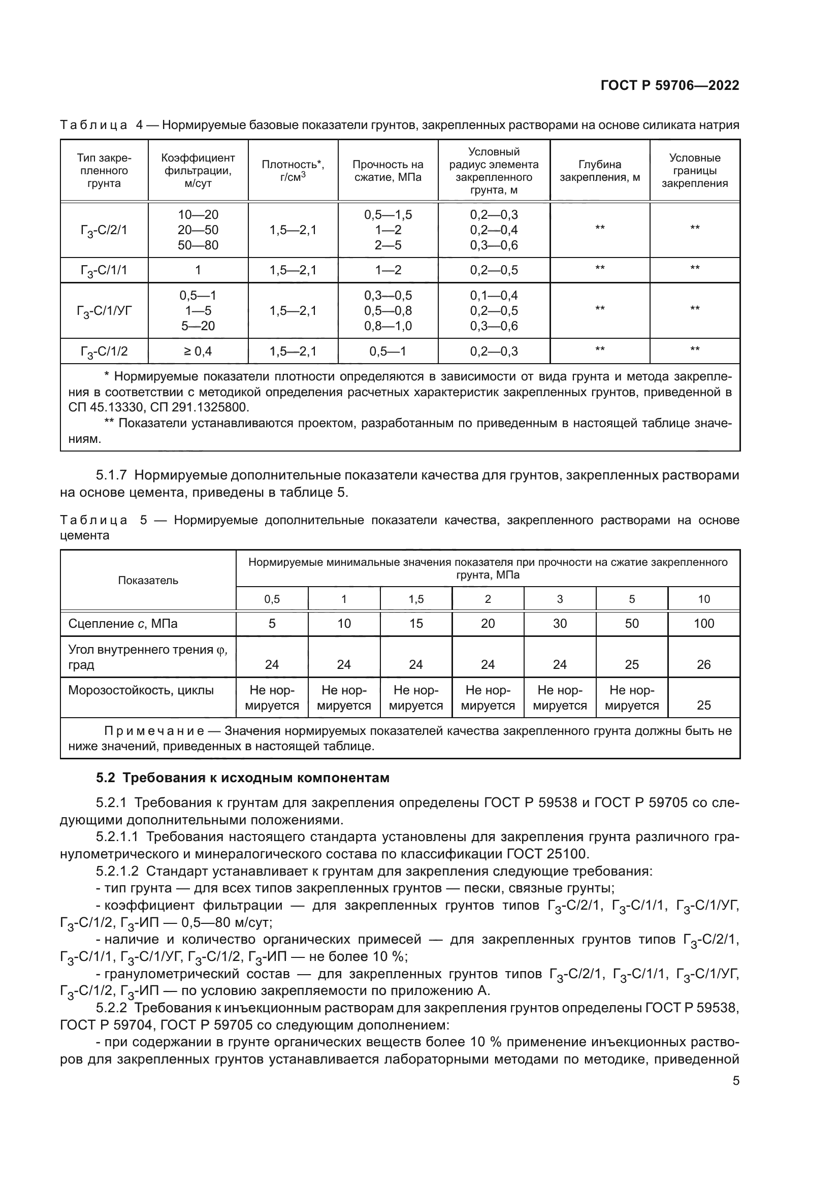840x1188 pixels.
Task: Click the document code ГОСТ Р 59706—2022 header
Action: coord(669,86)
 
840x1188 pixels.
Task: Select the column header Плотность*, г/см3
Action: coord(293,170)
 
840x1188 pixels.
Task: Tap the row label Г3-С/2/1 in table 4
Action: coord(104,230)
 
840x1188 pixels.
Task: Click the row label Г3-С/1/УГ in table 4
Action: coord(104,310)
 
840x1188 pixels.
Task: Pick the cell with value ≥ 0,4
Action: coord(198,351)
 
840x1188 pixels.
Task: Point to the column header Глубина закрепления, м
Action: coord(599,170)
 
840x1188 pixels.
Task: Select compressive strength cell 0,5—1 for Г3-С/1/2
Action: coord(387,351)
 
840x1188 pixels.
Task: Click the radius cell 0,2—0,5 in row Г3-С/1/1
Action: coord(494,270)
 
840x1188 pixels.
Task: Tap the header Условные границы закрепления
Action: coord(694,170)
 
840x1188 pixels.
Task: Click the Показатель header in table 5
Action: coord(148,580)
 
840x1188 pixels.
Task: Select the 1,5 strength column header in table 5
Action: coord(416,599)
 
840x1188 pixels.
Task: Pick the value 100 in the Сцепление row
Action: coord(703,624)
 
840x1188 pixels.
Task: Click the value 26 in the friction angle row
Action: coord(703,664)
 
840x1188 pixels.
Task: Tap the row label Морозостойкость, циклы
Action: coord(141,690)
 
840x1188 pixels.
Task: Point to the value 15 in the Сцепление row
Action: coord(416,624)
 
